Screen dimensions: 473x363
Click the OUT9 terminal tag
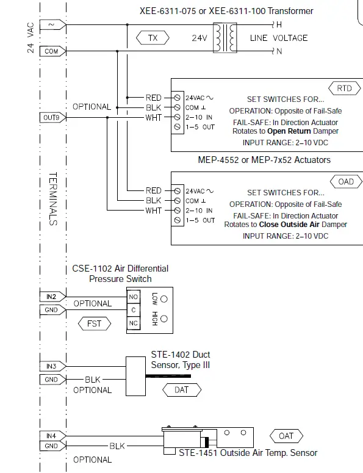51,117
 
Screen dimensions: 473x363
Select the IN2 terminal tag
51,297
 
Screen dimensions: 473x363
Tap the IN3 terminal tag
51,366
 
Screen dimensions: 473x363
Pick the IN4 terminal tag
51,436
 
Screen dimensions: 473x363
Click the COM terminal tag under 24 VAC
51,51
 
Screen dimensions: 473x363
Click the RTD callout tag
344,88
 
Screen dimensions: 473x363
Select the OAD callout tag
345,182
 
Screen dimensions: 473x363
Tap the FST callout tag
94,323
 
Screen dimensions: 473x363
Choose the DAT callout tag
181,389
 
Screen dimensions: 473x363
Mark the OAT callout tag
286,436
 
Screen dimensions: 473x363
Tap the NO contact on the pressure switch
132,297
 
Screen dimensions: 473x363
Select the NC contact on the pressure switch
132,323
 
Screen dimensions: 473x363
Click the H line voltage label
279,25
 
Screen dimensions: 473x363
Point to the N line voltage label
279,52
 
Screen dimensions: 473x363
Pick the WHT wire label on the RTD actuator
153,118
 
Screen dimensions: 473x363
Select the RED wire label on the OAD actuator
153,191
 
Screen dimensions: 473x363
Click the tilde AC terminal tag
51,25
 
